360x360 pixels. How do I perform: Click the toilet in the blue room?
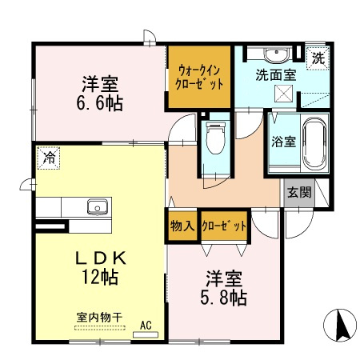(x=214, y=141)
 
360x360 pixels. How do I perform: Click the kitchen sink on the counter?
(x=98, y=207)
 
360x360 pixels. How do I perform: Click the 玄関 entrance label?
(x=300, y=192)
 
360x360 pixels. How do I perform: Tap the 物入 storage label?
(x=182, y=226)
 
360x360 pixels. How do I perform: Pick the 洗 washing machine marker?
(x=318, y=58)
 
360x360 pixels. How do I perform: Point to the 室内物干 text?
(x=99, y=318)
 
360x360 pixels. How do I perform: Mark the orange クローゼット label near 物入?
(x=223, y=226)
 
